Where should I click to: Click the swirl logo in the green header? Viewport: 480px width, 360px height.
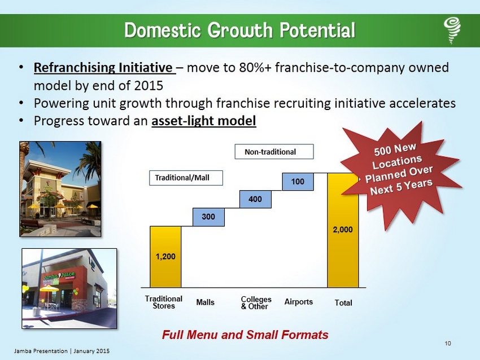coord(452,30)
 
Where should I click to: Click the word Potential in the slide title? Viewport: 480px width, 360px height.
coord(317,30)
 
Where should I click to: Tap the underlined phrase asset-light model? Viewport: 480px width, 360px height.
coord(203,121)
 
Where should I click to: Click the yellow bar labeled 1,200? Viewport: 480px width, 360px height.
coord(165,257)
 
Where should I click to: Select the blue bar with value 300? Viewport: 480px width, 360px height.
coord(208,217)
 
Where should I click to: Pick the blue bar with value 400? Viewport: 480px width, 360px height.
coord(255,199)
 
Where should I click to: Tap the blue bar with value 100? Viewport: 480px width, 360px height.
coord(298,182)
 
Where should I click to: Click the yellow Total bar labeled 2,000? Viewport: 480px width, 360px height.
coord(343,230)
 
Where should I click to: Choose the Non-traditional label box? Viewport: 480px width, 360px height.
coord(274,152)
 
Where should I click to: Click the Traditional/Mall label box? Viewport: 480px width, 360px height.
coord(186,178)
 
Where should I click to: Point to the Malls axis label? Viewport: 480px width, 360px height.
coord(205,302)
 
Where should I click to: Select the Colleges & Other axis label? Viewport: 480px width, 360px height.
coord(256,303)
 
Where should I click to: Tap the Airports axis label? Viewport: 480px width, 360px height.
coord(299,302)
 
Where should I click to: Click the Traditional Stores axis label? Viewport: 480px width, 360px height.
coord(163,302)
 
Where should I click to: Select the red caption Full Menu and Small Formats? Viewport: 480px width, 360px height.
coord(245,335)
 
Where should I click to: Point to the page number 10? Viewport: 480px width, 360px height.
coord(448,344)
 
